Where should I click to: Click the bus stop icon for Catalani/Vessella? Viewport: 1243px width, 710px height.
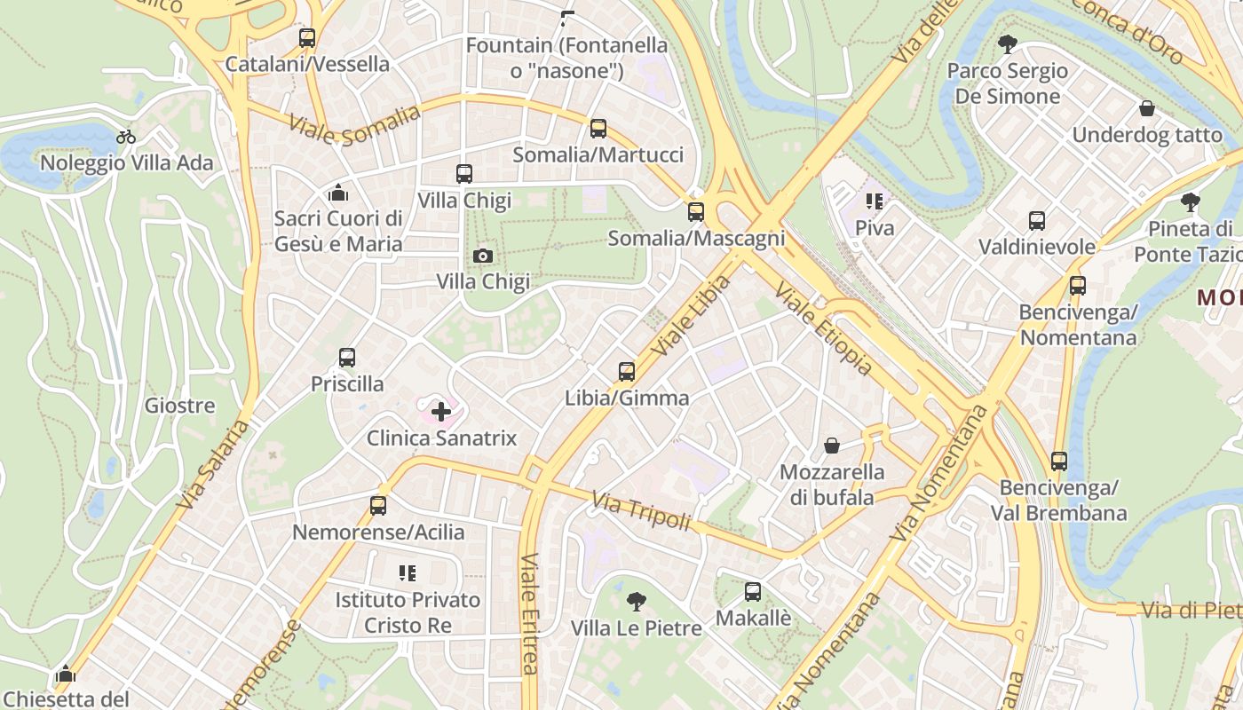[307, 38]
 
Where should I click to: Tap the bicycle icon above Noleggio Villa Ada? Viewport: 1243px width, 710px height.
[126, 137]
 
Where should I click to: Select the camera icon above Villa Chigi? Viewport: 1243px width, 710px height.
[483, 256]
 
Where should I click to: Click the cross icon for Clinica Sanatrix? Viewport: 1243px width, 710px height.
[441, 412]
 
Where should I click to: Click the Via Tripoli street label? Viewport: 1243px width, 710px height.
[641, 513]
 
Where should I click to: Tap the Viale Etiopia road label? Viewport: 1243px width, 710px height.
[823, 328]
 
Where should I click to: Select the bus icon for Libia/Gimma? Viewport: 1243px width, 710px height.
[627, 372]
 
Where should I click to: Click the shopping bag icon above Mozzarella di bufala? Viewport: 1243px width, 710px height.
[832, 446]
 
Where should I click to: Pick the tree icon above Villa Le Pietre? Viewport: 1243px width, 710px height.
[636, 602]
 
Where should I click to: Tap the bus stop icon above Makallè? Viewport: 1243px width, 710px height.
[753, 591]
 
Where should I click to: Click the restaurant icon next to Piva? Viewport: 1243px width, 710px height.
[875, 202]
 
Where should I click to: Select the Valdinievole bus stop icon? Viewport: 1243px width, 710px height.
[1036, 221]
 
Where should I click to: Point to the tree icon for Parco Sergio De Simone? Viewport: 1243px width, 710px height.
[1007, 43]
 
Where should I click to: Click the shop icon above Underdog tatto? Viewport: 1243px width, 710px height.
[1147, 109]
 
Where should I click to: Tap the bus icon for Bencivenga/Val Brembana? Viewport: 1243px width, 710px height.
[1058, 461]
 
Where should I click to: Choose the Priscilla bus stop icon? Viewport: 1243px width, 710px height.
[347, 358]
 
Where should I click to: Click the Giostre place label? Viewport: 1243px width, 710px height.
[180, 406]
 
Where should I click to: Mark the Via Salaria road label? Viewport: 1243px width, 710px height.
[213, 464]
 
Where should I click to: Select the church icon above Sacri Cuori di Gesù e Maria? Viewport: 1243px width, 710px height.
[337, 193]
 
